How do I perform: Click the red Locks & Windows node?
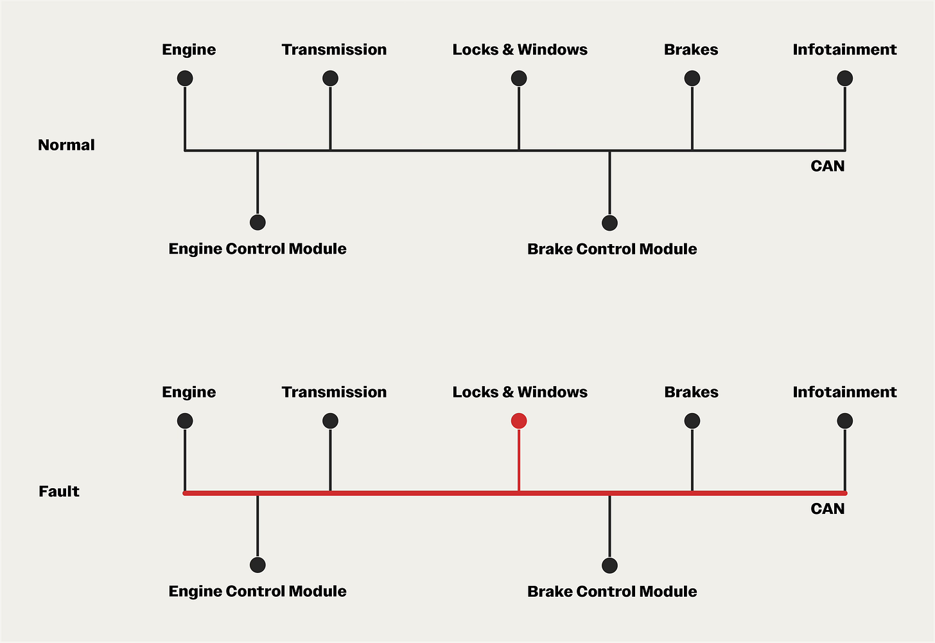(x=519, y=421)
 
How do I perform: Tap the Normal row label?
(x=66, y=145)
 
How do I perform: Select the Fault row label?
(x=59, y=491)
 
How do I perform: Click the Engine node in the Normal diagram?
(x=185, y=78)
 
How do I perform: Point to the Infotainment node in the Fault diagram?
(x=845, y=421)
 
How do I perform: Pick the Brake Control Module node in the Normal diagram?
(x=609, y=223)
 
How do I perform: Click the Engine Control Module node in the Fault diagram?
(x=258, y=565)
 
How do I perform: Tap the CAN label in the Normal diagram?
(x=828, y=166)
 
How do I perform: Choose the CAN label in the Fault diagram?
(x=828, y=509)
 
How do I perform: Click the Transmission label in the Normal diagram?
(x=334, y=49)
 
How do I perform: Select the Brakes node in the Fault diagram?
(x=692, y=421)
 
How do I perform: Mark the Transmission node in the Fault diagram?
(x=330, y=421)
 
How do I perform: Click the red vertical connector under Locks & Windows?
(x=519, y=459)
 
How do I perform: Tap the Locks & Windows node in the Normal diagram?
(x=519, y=78)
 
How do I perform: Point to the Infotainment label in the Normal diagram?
(x=844, y=49)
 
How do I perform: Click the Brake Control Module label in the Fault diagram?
(x=612, y=592)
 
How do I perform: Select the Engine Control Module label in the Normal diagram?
(x=258, y=249)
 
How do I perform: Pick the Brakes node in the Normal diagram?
(x=692, y=78)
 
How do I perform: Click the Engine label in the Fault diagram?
(x=189, y=392)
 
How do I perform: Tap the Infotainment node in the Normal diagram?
(x=845, y=78)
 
